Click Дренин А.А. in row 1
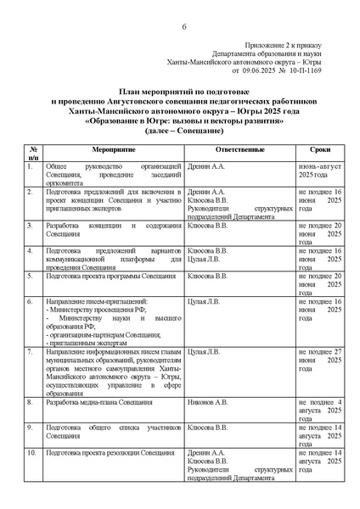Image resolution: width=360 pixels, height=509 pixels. (x=206, y=165)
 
